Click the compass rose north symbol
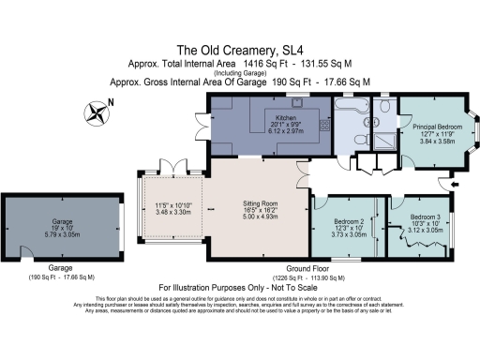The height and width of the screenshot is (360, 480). [x=96, y=113]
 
